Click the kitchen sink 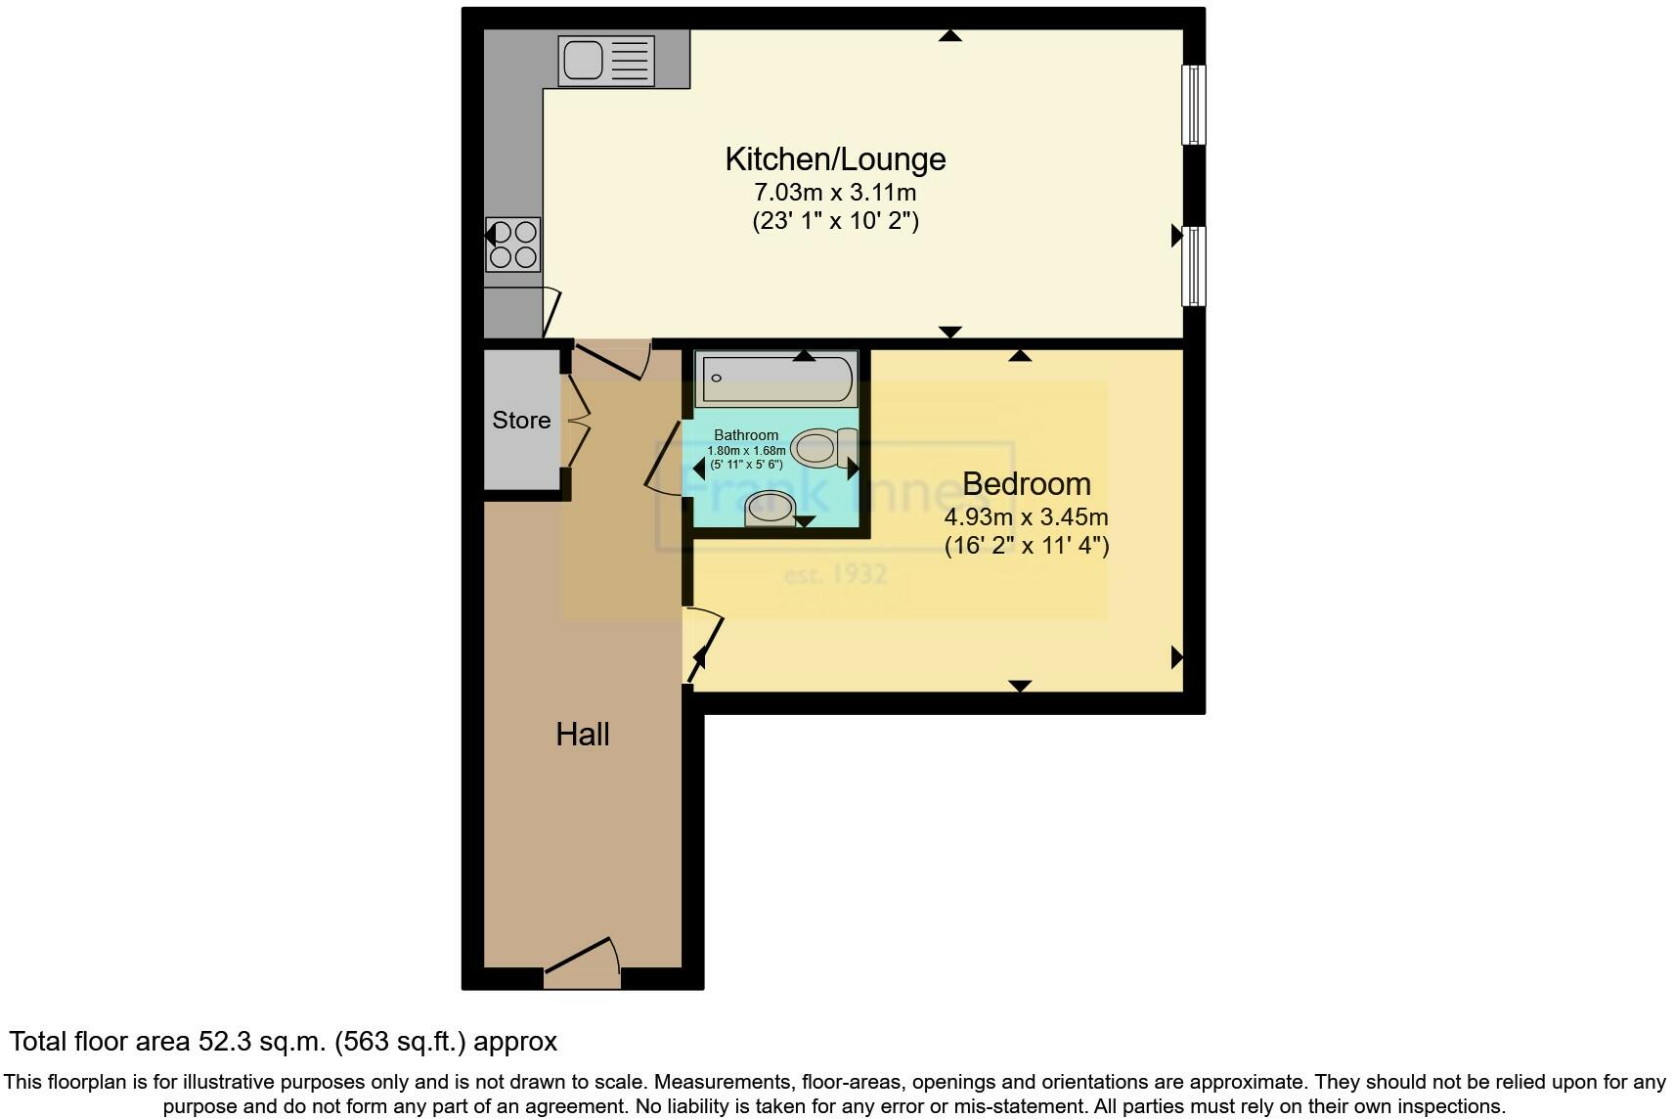click(606, 60)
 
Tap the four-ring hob click(513, 245)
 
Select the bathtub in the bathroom click(776, 379)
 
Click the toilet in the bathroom click(822, 448)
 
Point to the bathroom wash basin click(771, 509)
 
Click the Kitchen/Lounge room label click(835, 158)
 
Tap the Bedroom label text click(1026, 483)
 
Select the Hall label click(583, 734)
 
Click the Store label click(521, 421)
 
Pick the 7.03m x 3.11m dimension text click(835, 192)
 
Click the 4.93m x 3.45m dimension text click(1026, 516)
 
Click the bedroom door click(704, 644)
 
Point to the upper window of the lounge click(1193, 105)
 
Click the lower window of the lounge click(1193, 265)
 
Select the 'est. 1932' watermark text click(835, 574)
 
